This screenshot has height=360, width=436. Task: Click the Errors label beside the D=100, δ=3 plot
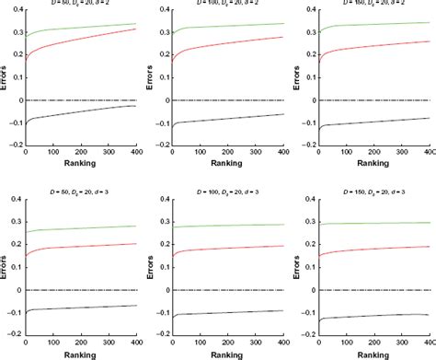pos(155,267)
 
